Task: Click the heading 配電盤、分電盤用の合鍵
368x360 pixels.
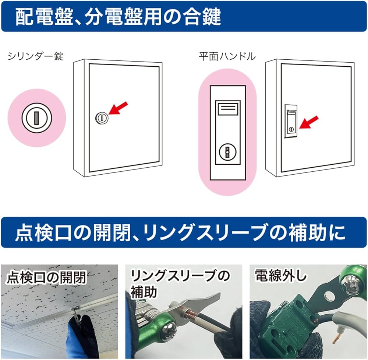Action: click(118, 17)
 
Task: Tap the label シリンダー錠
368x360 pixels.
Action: click(36, 56)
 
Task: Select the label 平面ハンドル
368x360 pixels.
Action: click(227, 56)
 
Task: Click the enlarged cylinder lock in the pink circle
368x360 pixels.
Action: click(36, 118)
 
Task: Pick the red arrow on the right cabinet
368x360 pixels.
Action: click(309, 122)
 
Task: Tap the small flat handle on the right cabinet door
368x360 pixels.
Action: click(291, 121)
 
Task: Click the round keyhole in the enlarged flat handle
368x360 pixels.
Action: click(227, 151)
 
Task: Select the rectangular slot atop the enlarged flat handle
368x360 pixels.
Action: click(227, 109)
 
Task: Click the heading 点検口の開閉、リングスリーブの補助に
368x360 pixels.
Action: click(180, 233)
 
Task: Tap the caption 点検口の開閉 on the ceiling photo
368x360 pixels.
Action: click(46, 277)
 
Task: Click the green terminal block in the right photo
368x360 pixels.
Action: click(285, 324)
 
